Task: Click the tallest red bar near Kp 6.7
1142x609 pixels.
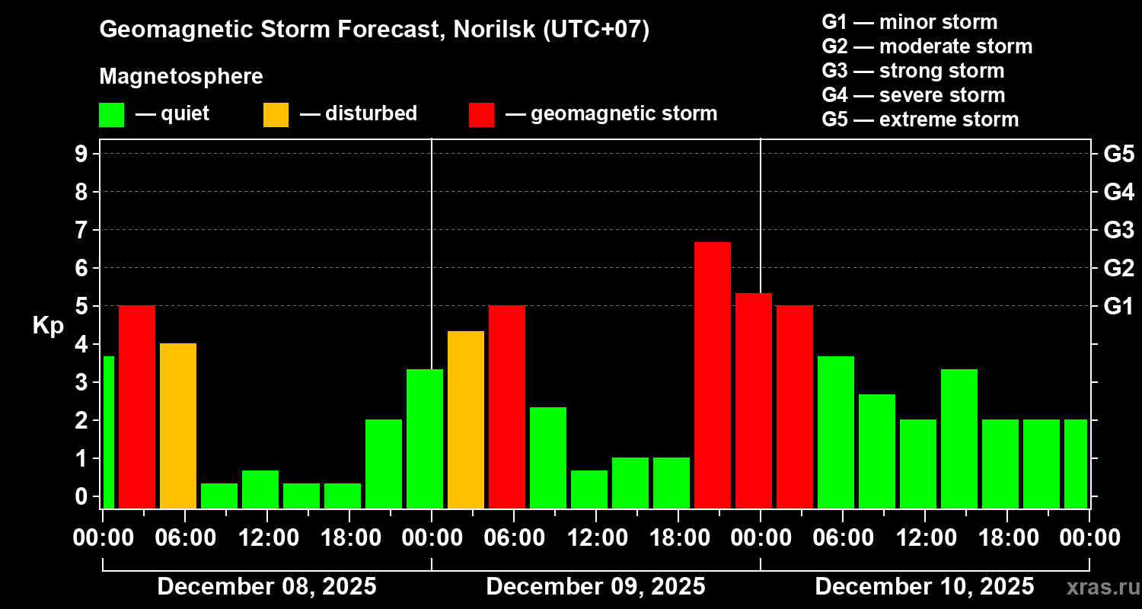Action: [x=713, y=375]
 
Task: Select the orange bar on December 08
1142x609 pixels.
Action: [x=178, y=426]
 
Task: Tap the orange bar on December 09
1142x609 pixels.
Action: [x=466, y=419]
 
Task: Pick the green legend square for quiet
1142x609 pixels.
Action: [x=111, y=114]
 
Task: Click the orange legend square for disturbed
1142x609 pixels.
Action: [x=276, y=114]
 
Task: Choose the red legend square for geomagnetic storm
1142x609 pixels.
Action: [x=481, y=114]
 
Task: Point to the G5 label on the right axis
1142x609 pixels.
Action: [x=1118, y=155]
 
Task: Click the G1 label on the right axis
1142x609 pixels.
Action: [x=1118, y=307]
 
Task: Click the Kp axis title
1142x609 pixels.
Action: [x=47, y=326]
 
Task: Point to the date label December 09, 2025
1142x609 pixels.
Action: [x=595, y=587]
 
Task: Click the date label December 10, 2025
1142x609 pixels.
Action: [x=924, y=587]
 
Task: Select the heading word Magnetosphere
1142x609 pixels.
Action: [x=181, y=77]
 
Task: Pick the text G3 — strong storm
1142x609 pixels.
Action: [x=913, y=71]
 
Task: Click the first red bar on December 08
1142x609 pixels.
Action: [x=137, y=407]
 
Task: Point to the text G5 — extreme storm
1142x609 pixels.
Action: [x=920, y=120]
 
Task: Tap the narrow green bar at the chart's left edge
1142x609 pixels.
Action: [x=108, y=432]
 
